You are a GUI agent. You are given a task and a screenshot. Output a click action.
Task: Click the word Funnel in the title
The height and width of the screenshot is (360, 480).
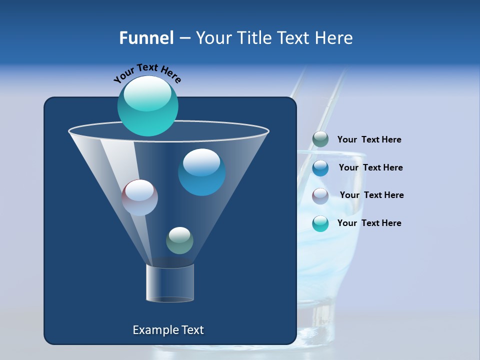pyautogui.click(x=146, y=38)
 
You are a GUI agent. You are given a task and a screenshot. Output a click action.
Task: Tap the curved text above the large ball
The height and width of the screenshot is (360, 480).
pyautogui.click(x=147, y=73)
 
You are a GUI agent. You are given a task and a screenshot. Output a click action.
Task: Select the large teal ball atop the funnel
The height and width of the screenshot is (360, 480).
pyautogui.click(x=147, y=105)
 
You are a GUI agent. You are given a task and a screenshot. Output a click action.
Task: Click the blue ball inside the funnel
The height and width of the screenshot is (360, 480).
pyautogui.click(x=201, y=172)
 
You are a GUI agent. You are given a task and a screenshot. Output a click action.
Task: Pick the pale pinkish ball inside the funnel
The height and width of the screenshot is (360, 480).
pyautogui.click(x=140, y=197)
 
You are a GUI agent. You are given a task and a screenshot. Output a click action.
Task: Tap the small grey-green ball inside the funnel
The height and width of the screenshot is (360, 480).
pyautogui.click(x=179, y=240)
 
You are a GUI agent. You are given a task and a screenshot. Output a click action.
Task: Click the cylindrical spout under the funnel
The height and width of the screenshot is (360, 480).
pyautogui.click(x=170, y=283)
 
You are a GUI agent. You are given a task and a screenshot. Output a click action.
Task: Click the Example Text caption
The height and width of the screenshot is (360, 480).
pyautogui.click(x=168, y=330)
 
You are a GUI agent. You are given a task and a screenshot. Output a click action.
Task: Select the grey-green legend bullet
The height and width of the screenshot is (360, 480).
pyautogui.click(x=320, y=139)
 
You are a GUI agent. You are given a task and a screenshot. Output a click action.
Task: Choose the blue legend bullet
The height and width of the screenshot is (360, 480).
pyautogui.click(x=320, y=168)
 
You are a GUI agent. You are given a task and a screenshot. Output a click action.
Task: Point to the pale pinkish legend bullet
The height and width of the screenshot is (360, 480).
pyautogui.click(x=320, y=196)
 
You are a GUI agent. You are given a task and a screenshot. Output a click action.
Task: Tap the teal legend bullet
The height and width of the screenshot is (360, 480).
pyautogui.click(x=320, y=223)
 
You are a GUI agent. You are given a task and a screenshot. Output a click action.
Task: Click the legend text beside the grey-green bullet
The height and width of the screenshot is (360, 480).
pyautogui.click(x=369, y=140)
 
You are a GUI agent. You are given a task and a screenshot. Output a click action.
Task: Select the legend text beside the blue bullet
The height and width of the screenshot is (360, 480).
pyautogui.click(x=370, y=168)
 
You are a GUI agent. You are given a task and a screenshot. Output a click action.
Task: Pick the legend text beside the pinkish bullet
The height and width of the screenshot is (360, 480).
pyautogui.click(x=371, y=195)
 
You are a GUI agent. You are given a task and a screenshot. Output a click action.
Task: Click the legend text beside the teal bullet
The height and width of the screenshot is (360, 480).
pyautogui.click(x=369, y=223)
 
